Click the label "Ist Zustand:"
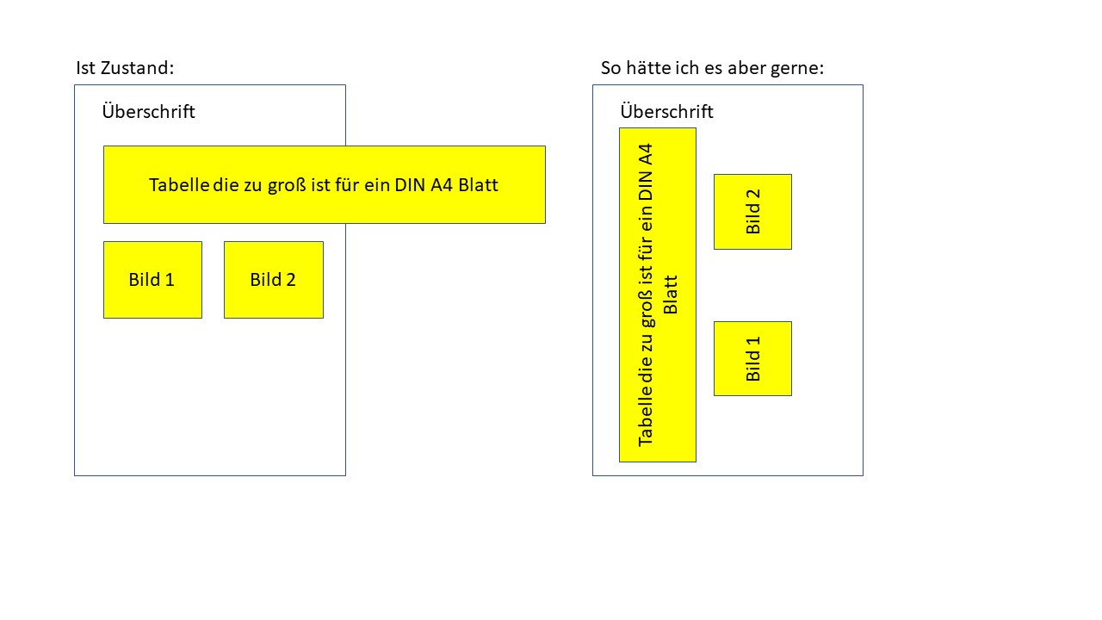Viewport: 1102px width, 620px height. coord(125,68)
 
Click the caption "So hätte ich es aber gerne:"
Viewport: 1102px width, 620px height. coord(712,68)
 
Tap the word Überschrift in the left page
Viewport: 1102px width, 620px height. coord(148,112)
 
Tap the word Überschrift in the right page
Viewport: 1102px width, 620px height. coord(666,112)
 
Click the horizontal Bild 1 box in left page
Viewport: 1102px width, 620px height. coord(152,280)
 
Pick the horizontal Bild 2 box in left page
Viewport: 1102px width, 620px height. coord(273,280)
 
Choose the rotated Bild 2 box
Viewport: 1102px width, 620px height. coord(752,212)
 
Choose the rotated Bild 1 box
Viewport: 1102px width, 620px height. coord(752,358)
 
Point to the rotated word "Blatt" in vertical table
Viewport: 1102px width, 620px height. coord(672,295)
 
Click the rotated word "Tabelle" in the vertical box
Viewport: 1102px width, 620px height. coord(646,417)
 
